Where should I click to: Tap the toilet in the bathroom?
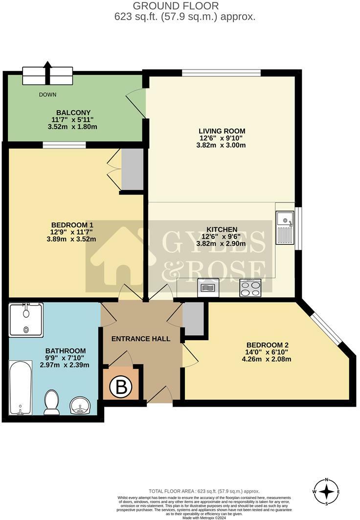click(x=51, y=402)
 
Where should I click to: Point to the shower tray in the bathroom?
click(x=26, y=320)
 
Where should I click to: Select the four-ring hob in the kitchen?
click(x=251, y=288)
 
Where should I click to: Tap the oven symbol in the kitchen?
click(x=208, y=288)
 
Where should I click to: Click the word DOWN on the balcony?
click(x=48, y=95)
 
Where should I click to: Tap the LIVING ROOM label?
click(x=222, y=131)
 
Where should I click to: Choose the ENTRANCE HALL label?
click(x=141, y=339)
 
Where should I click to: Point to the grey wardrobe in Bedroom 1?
click(x=132, y=169)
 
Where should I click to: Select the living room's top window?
click(x=222, y=73)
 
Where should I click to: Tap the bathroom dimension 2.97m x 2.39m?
click(x=66, y=365)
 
